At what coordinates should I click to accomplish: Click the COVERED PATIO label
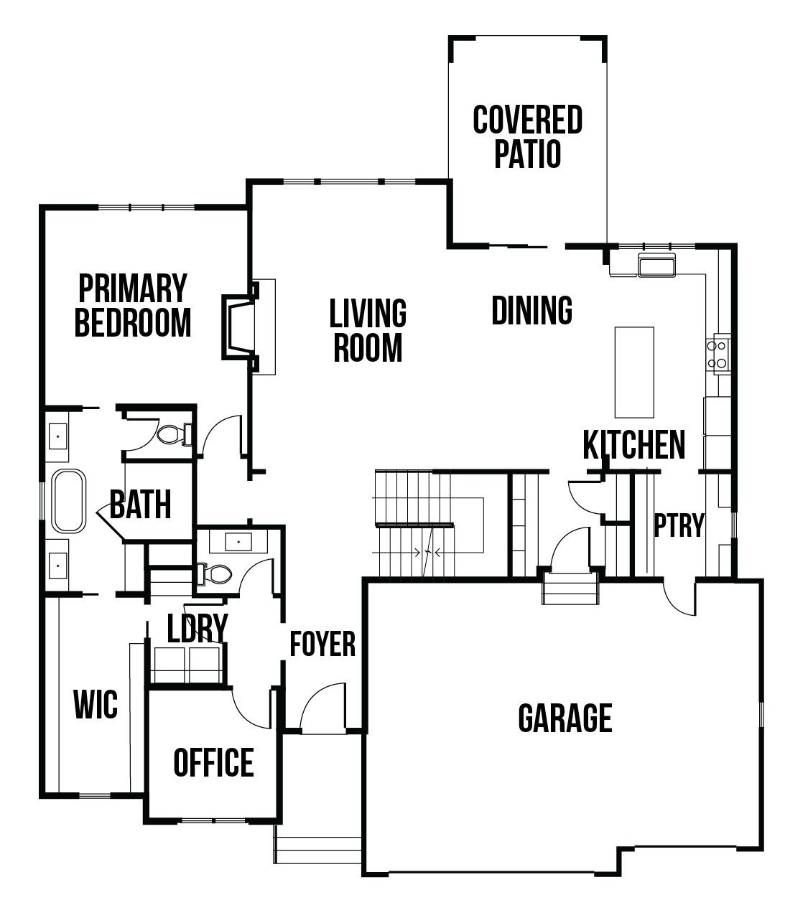(x=527, y=137)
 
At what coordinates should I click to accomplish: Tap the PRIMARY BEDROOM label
(x=133, y=306)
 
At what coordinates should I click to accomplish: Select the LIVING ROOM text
(x=368, y=330)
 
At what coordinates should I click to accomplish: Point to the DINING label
(x=531, y=310)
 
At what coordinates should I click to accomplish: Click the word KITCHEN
(x=634, y=445)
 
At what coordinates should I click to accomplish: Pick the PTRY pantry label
(x=679, y=525)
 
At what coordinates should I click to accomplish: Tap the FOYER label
(x=322, y=645)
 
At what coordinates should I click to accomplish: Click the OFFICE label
(x=213, y=762)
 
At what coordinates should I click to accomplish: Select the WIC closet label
(x=96, y=704)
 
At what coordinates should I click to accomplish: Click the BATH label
(x=140, y=505)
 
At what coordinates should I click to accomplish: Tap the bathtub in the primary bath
(x=69, y=501)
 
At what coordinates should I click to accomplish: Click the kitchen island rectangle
(x=634, y=373)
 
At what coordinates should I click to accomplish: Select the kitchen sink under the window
(x=656, y=265)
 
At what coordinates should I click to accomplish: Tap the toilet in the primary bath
(x=174, y=434)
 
